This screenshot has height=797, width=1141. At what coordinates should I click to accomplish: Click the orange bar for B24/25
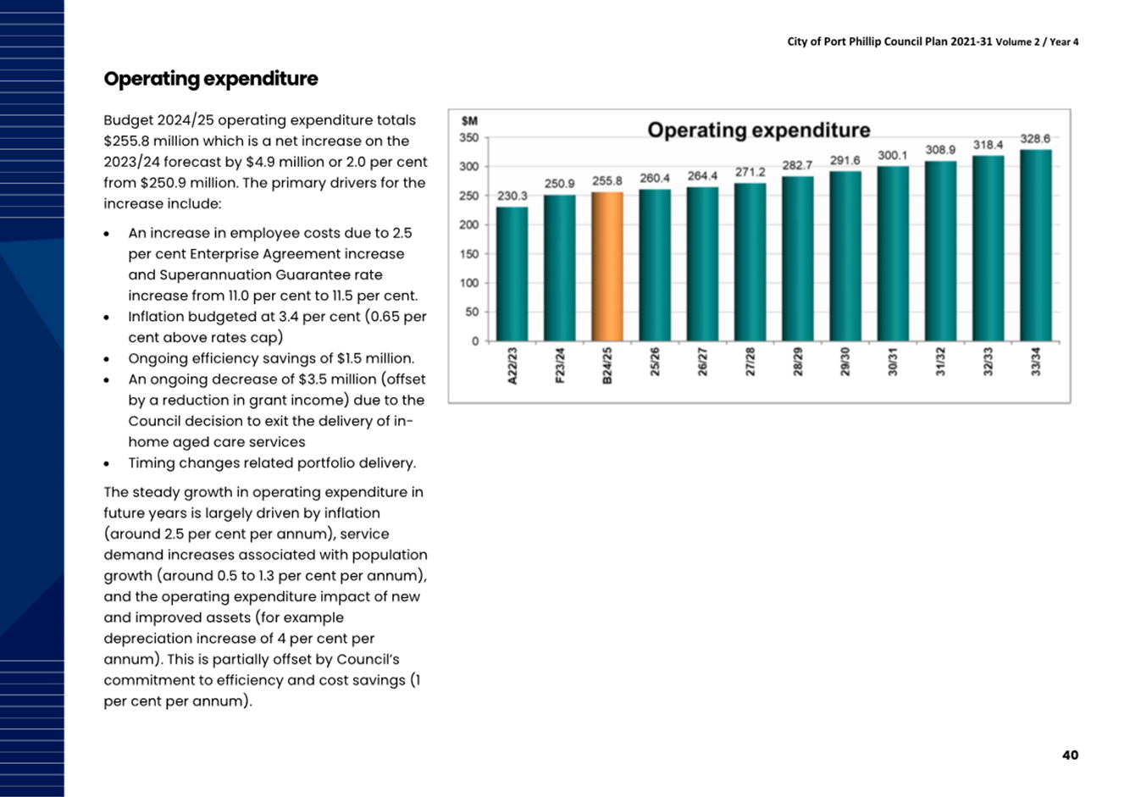[x=607, y=266]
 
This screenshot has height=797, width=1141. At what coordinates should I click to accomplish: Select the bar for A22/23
[x=512, y=274]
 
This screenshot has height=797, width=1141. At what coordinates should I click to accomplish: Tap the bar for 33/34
[x=1036, y=246]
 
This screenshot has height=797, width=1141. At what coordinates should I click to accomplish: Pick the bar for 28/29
[x=798, y=258]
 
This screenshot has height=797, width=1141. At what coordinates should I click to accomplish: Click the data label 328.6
[x=1035, y=139]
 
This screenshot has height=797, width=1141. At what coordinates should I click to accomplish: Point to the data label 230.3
[x=512, y=196]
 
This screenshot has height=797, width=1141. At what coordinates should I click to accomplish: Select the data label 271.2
[x=750, y=172]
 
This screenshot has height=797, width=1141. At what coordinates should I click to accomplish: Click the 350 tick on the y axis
[x=469, y=138]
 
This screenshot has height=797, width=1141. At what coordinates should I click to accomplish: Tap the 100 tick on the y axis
[x=469, y=283]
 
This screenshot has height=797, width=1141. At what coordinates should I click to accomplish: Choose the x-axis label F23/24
[x=560, y=365]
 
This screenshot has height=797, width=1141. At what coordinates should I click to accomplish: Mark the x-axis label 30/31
[x=893, y=362]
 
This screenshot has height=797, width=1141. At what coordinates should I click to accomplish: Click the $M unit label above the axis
[x=469, y=121]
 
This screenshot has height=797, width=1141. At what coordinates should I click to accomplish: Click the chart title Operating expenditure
[x=758, y=130]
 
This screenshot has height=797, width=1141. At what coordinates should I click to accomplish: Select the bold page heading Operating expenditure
[x=211, y=79]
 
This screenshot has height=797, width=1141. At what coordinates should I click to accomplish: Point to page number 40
[x=1070, y=755]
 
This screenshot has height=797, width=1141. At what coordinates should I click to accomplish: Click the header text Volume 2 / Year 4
[x=1037, y=42]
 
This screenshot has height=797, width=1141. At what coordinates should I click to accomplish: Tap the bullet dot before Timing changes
[x=107, y=464]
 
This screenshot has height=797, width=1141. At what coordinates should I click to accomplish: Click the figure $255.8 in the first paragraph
[x=126, y=141]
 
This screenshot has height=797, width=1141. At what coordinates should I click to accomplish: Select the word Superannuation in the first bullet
[x=215, y=275]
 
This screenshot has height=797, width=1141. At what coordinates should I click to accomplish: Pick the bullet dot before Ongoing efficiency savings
[x=107, y=360]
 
